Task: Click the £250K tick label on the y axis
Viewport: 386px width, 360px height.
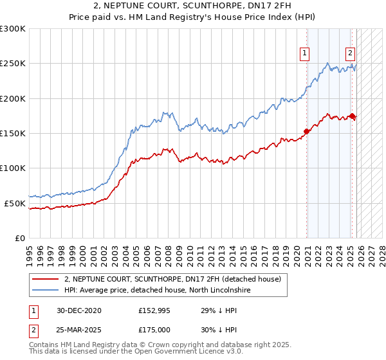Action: (13, 64)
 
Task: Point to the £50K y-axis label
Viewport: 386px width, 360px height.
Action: (15, 203)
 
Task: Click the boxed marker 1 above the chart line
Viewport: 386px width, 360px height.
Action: (304, 53)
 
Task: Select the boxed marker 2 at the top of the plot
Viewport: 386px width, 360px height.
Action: (350, 53)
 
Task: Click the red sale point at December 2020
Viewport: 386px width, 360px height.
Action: (307, 131)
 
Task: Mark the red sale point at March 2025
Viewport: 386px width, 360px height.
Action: (353, 116)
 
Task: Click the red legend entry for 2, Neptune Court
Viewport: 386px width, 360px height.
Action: (172, 280)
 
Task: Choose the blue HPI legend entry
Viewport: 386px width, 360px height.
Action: (158, 291)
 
